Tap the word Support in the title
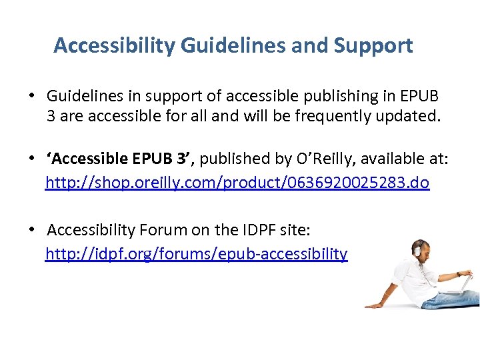pyautogui.click(x=375, y=46)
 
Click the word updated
pyautogui.click(x=410, y=117)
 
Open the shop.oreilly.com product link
pyautogui.click(x=237, y=182)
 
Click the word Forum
pyautogui.click(x=162, y=231)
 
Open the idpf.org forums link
pyautogui.click(x=196, y=254)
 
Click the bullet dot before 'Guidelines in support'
pyautogui.click(x=32, y=95)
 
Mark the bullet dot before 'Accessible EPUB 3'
pyautogui.click(x=32, y=159)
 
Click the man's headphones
pyautogui.click(x=419, y=249)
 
